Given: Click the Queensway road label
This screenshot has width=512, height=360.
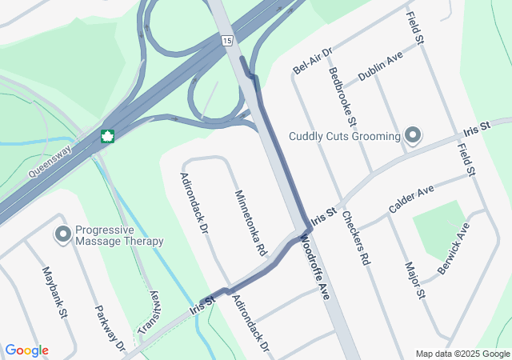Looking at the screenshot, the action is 50,160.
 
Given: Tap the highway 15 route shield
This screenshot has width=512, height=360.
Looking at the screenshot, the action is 228,40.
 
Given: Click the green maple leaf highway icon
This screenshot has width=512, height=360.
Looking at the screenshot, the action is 107,136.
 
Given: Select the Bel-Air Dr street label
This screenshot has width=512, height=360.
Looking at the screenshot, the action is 312,60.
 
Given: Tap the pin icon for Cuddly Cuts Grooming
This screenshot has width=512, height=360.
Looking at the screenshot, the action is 413,135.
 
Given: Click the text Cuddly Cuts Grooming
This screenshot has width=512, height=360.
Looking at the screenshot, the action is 345,136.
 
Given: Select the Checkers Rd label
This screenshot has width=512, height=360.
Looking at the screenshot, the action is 356,238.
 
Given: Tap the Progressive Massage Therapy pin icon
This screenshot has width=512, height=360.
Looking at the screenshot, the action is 62,234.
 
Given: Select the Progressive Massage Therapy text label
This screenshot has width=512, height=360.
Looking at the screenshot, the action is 119,235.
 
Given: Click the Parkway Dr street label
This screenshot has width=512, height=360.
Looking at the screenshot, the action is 110,329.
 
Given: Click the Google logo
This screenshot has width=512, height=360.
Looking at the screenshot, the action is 26,350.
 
